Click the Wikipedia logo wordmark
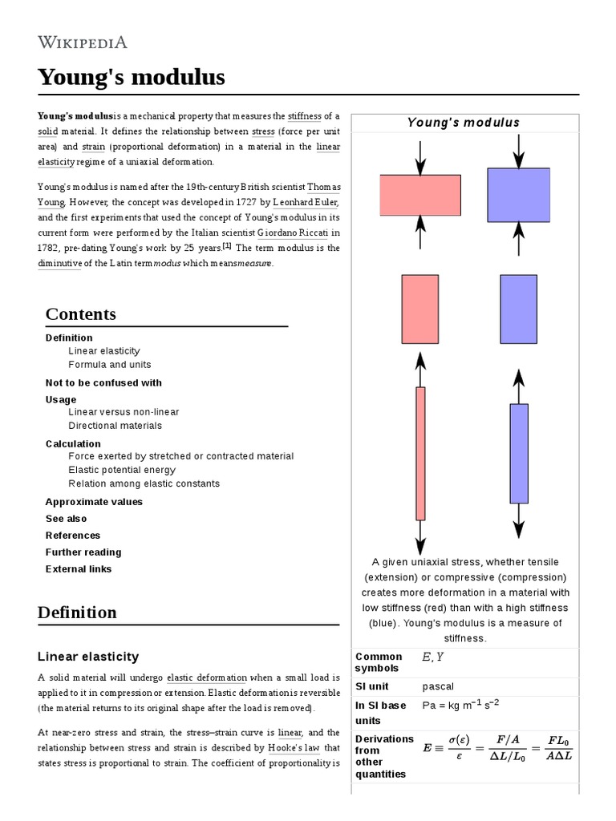(x=82, y=42)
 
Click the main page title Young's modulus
(x=131, y=78)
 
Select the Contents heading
(x=80, y=313)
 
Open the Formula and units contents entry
(x=109, y=365)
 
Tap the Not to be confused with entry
(x=103, y=382)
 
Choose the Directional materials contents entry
(x=115, y=426)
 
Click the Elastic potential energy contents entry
(x=121, y=470)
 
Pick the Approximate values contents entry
(x=94, y=502)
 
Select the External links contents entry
(x=79, y=569)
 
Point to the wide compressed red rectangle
(x=419, y=196)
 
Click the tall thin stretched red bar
(x=420, y=453)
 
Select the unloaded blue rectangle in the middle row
(x=518, y=309)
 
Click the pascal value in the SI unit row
(x=437, y=686)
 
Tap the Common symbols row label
(x=379, y=662)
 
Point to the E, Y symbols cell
(x=432, y=657)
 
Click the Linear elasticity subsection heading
(x=88, y=656)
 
